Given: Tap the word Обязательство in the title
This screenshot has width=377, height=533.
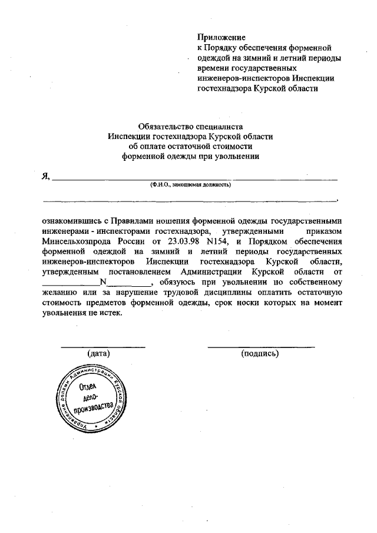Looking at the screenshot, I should click(x=164, y=125).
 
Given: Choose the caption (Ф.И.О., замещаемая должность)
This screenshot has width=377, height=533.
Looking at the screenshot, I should click(x=190, y=184).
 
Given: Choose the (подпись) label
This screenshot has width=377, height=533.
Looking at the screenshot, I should click(x=260, y=353).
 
